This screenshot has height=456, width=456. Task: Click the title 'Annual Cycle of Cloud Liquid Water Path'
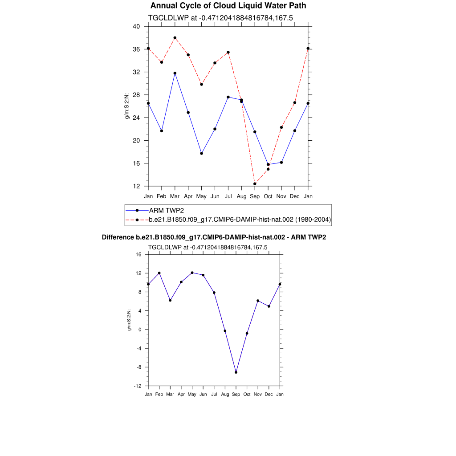[x=228, y=6]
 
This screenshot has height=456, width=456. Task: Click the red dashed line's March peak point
[x=175, y=38]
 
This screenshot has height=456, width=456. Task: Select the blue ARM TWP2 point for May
[x=202, y=153]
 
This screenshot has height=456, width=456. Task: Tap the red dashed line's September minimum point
[x=255, y=184]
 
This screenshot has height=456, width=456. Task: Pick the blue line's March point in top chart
[x=175, y=73]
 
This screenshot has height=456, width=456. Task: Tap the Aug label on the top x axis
[x=241, y=196]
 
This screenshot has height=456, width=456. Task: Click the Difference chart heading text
[x=214, y=237]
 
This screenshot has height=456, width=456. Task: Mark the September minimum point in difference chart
[x=236, y=372]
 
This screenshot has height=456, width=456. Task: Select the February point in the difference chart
[x=159, y=273]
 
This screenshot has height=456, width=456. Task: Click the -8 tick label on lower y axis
[x=138, y=367]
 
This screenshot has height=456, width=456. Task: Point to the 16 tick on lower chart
[x=138, y=254]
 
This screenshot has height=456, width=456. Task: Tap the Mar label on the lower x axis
[x=170, y=394]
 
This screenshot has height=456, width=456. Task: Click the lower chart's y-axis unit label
[x=130, y=320]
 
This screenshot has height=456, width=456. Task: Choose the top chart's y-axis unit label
[x=127, y=106]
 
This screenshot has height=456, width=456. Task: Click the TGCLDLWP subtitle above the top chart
[x=220, y=18]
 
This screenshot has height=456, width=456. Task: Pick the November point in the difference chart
[x=258, y=301]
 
